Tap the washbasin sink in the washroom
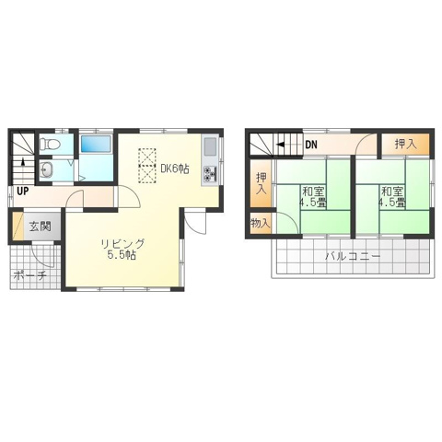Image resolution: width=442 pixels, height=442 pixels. [x=47, y=169]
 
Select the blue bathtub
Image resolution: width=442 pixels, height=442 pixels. [x=96, y=144]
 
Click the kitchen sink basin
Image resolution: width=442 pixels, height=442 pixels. [x=210, y=147]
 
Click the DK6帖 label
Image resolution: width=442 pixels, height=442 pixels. [x=175, y=169]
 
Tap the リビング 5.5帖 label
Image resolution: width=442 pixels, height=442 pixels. [x=122, y=250]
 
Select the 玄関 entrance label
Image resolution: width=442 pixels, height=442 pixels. [x=40, y=227]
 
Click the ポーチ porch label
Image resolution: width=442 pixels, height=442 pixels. [x=30, y=275]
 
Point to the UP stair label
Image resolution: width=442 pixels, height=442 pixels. [x=22, y=192]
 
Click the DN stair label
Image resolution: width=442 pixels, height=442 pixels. [x=311, y=145]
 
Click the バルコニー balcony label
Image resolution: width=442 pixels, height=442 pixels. [x=353, y=256]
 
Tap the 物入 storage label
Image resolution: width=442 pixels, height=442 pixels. [x=261, y=224]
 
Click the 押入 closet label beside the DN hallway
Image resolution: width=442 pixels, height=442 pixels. [x=406, y=144]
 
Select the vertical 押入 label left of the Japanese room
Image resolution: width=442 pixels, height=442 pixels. [x=262, y=183]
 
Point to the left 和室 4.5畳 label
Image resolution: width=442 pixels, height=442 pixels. [x=314, y=197]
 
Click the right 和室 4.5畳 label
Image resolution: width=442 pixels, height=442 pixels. [x=392, y=197]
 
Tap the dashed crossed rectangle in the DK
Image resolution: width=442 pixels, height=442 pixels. [x=147, y=166]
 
